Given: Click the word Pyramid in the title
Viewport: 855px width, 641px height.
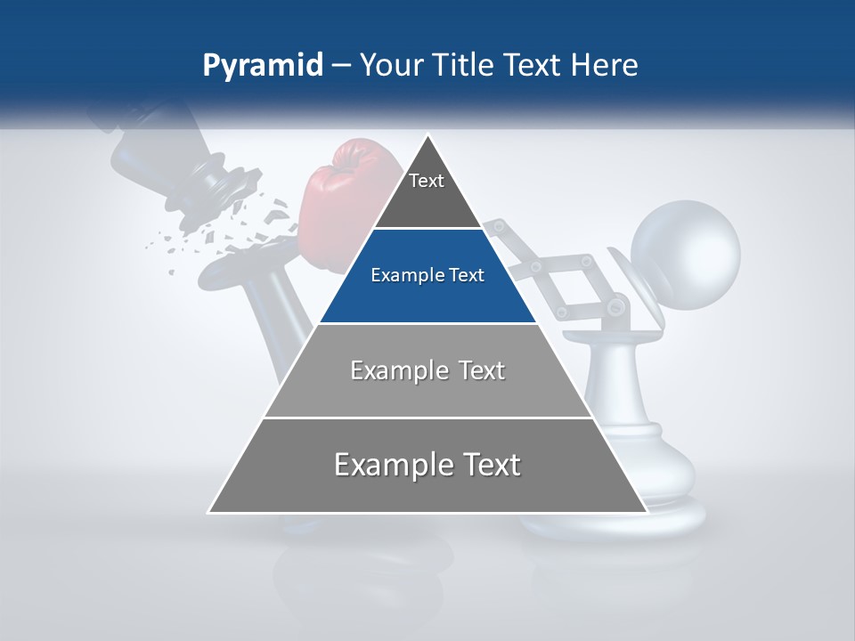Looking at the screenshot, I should pyautogui.click(x=263, y=66).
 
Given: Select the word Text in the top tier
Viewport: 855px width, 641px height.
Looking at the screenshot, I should pyautogui.click(x=427, y=181).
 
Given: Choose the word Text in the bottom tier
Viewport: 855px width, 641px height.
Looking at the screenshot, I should pyautogui.click(x=486, y=465).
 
